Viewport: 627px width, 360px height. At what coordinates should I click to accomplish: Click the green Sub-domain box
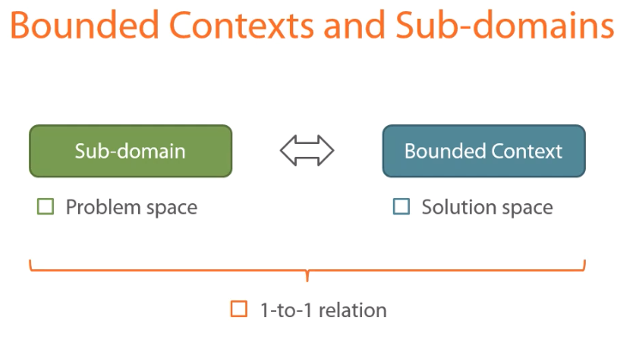130,152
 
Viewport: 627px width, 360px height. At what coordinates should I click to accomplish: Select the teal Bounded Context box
484,152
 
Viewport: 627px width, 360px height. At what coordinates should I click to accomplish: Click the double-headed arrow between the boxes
306,152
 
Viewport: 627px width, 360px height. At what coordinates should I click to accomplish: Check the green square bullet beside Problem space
45,207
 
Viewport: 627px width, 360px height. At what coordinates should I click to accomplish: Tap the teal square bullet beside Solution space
401,207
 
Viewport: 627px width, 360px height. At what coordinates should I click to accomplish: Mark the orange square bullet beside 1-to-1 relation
238,309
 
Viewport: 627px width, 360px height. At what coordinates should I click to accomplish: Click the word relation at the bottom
353,310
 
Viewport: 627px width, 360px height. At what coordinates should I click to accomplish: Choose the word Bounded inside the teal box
442,152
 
